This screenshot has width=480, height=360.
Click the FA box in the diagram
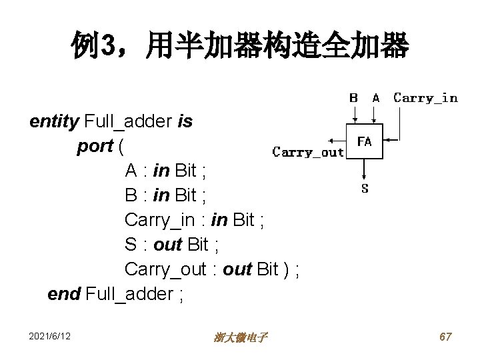coord(365,141)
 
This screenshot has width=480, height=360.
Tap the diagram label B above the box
coord(354,98)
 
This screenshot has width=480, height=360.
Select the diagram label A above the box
coord(376,98)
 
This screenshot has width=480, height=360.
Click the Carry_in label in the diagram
coord(425,98)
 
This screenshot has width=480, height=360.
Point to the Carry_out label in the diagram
coord(308,152)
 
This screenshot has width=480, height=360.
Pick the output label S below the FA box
coord(365,189)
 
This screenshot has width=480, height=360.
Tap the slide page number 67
coord(445,337)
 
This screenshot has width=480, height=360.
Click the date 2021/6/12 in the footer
coord(50,337)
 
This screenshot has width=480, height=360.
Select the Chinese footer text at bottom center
coord(241,338)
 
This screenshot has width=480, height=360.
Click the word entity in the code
coord(54,121)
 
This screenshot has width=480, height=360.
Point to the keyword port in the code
coord(95,146)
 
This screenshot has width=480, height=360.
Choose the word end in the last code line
coord(65,294)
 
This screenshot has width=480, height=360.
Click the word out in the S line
coord(169,245)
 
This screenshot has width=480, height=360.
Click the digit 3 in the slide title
coord(107,47)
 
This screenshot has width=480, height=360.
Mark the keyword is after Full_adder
coord(185,121)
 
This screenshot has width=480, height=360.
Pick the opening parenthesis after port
coord(121,146)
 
